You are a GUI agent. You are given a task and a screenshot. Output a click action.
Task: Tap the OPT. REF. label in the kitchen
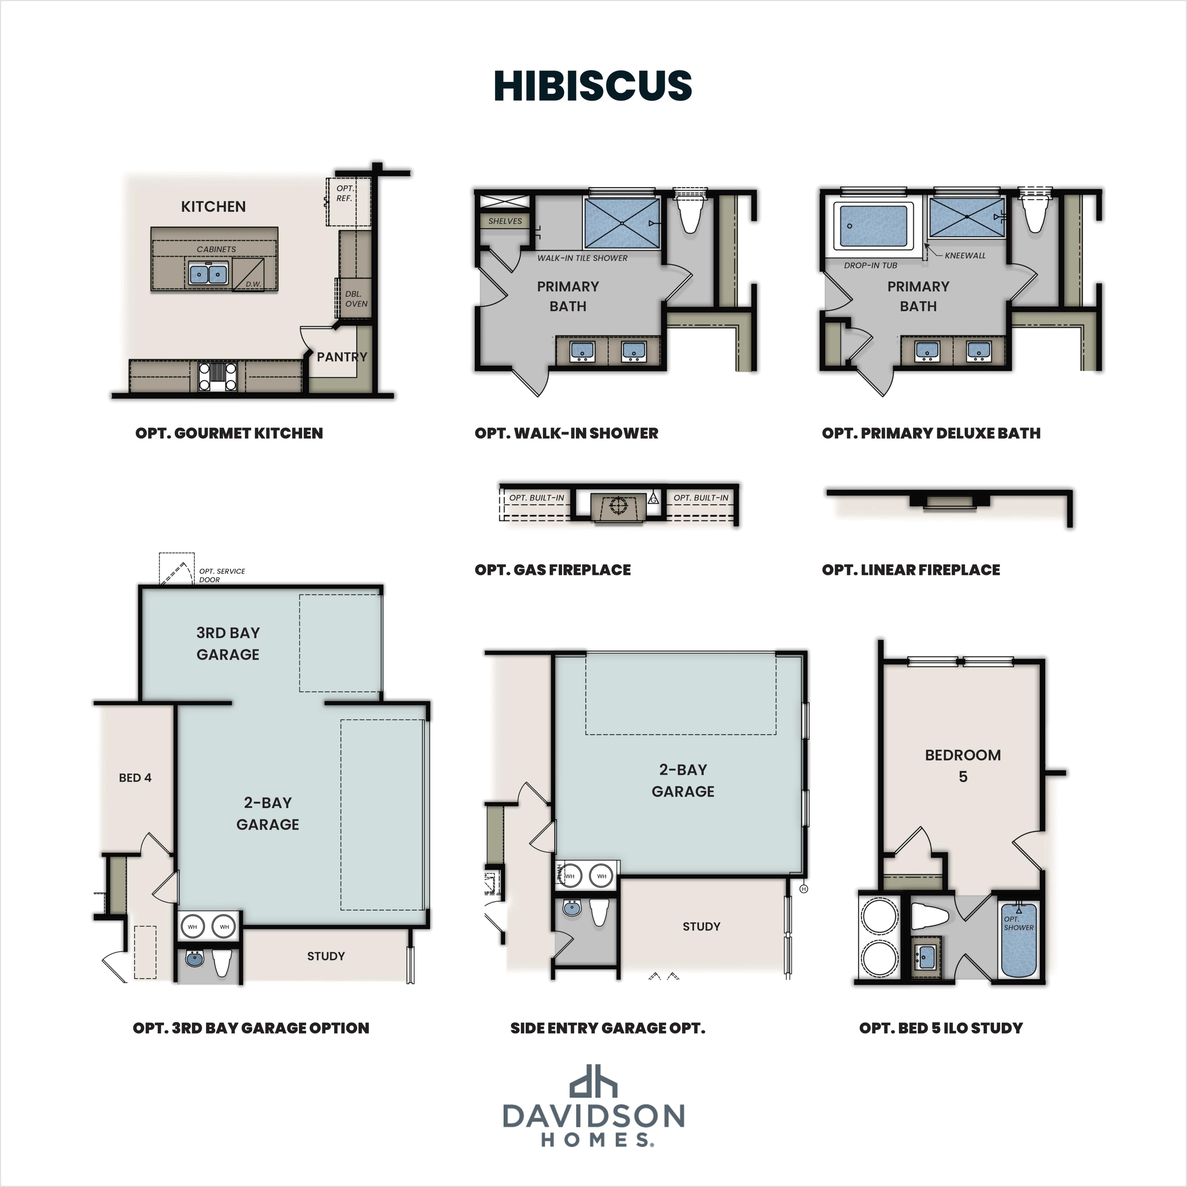pyautogui.click(x=345, y=193)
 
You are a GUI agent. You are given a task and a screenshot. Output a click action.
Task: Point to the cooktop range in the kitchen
pyautogui.click(x=218, y=376)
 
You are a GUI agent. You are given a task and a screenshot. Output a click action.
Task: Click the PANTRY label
pyautogui.click(x=342, y=356)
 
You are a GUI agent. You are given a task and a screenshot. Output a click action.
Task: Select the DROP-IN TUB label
pyautogui.click(x=870, y=266)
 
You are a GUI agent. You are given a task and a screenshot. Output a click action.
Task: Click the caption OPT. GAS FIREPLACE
pyautogui.click(x=552, y=569)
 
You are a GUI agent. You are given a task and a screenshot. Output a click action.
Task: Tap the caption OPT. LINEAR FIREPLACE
pyautogui.click(x=911, y=569)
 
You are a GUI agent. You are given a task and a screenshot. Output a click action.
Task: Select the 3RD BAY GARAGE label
pyautogui.click(x=228, y=643)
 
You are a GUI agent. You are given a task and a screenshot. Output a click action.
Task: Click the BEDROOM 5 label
pyautogui.click(x=963, y=766)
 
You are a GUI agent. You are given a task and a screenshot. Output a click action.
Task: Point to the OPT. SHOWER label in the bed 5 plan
pyautogui.click(x=1018, y=923)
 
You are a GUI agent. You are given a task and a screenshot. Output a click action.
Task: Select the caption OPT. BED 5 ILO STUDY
pyautogui.click(x=941, y=1028)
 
